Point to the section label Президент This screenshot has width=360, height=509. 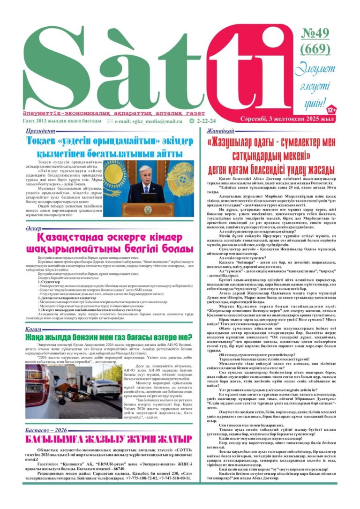click(41, 132)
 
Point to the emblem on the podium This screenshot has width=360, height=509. click(148, 210)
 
